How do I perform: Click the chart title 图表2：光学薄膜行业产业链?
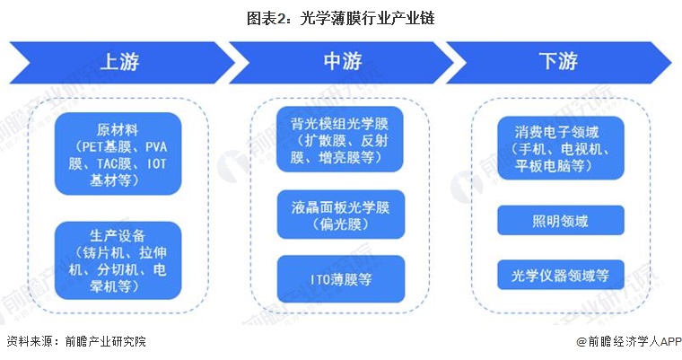tap(341, 16)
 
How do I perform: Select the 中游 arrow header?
tap(341, 62)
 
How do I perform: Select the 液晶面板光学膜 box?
tap(340, 214)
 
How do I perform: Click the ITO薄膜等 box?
tap(340, 278)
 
